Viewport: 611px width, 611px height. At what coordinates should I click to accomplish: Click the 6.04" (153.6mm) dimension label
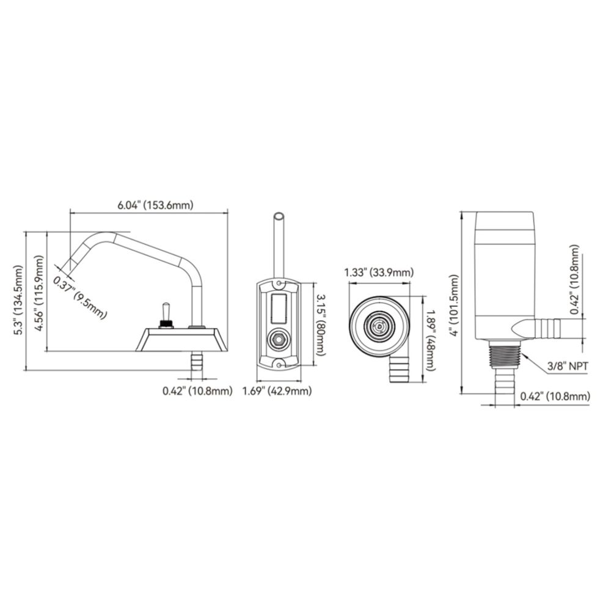(155, 205)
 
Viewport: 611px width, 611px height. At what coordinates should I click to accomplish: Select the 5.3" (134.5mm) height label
(18, 300)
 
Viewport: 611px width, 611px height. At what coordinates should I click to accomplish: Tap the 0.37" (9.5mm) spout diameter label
(80, 292)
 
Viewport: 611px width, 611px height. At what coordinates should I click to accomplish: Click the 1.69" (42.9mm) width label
(277, 390)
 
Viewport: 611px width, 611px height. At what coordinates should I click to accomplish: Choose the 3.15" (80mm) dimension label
(320, 325)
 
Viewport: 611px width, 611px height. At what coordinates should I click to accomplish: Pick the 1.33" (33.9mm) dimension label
(379, 273)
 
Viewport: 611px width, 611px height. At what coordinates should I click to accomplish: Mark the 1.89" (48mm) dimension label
(431, 340)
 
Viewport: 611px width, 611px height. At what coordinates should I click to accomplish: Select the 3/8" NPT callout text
(568, 366)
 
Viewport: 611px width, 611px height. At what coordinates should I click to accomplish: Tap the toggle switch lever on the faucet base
(166, 311)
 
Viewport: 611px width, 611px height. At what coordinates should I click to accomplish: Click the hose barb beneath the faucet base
(197, 364)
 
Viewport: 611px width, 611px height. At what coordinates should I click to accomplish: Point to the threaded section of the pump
(505, 355)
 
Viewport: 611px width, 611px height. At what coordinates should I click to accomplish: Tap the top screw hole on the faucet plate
(279, 282)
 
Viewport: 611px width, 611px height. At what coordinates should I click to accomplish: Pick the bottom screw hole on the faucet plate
(279, 365)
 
